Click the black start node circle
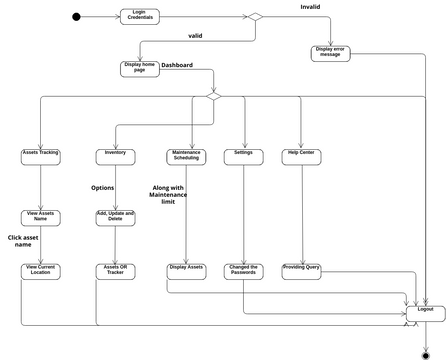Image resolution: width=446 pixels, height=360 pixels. tap(76, 16)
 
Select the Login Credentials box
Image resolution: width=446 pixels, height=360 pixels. tap(138, 16)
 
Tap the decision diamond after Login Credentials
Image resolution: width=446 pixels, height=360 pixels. tap(255, 17)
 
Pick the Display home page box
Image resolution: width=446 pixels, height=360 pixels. tap(139, 68)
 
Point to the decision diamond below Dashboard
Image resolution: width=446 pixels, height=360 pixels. tap(212, 97)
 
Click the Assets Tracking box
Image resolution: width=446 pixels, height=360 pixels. tap(40, 155)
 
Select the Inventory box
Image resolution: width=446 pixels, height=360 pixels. tap(115, 155)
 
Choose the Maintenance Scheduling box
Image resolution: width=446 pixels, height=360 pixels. tap(186, 155)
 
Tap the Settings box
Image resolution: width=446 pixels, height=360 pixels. tap(243, 155)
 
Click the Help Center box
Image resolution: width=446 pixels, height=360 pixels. tap(300, 155)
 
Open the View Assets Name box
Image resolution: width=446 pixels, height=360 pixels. tap(40, 216)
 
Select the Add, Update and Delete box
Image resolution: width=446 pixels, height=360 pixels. tap(115, 216)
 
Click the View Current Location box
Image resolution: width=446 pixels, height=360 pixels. tap(40, 270)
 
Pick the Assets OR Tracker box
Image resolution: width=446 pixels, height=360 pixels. tap(115, 270)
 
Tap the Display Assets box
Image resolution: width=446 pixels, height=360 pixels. tap(186, 270)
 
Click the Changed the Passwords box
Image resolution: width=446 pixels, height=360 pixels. tap(243, 270)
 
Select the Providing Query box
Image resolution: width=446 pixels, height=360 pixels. tap(300, 270)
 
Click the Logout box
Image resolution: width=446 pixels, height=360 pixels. tap(426, 311)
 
